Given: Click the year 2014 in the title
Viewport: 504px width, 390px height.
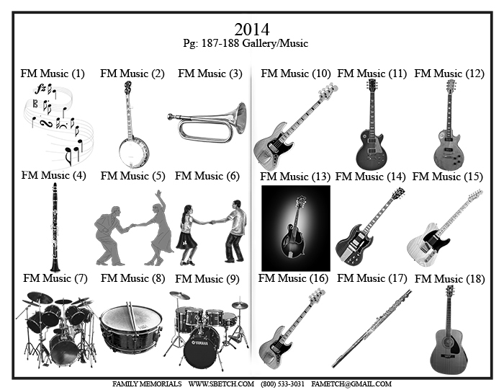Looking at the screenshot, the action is pyautogui.click(x=252, y=30).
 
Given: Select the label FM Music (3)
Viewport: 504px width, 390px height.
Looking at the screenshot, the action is pyautogui.click(x=210, y=74).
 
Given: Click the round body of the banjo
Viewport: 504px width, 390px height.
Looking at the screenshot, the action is pyautogui.click(x=134, y=152).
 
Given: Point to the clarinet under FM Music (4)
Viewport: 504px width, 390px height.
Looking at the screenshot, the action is pyautogui.click(x=55, y=227).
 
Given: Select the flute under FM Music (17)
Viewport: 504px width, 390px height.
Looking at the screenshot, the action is pyautogui.click(x=372, y=328).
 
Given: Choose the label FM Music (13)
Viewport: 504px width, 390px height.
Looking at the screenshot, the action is pyautogui.click(x=295, y=177).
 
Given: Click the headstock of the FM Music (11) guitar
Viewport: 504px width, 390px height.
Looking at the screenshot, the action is pyautogui.click(x=372, y=85).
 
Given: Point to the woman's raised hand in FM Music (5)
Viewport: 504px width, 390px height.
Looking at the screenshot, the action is pyautogui.click(x=158, y=194).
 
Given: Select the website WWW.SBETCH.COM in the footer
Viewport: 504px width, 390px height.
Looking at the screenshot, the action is pyautogui.click(x=221, y=384).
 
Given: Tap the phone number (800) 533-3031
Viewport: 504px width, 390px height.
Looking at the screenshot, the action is pyautogui.click(x=282, y=384).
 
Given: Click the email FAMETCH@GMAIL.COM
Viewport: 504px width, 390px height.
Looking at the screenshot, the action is pyautogui.click(x=351, y=384).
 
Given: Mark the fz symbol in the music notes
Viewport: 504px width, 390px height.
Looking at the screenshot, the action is pyautogui.click(x=40, y=89).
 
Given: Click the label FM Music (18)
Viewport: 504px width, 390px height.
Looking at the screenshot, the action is pyautogui.click(x=450, y=279).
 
